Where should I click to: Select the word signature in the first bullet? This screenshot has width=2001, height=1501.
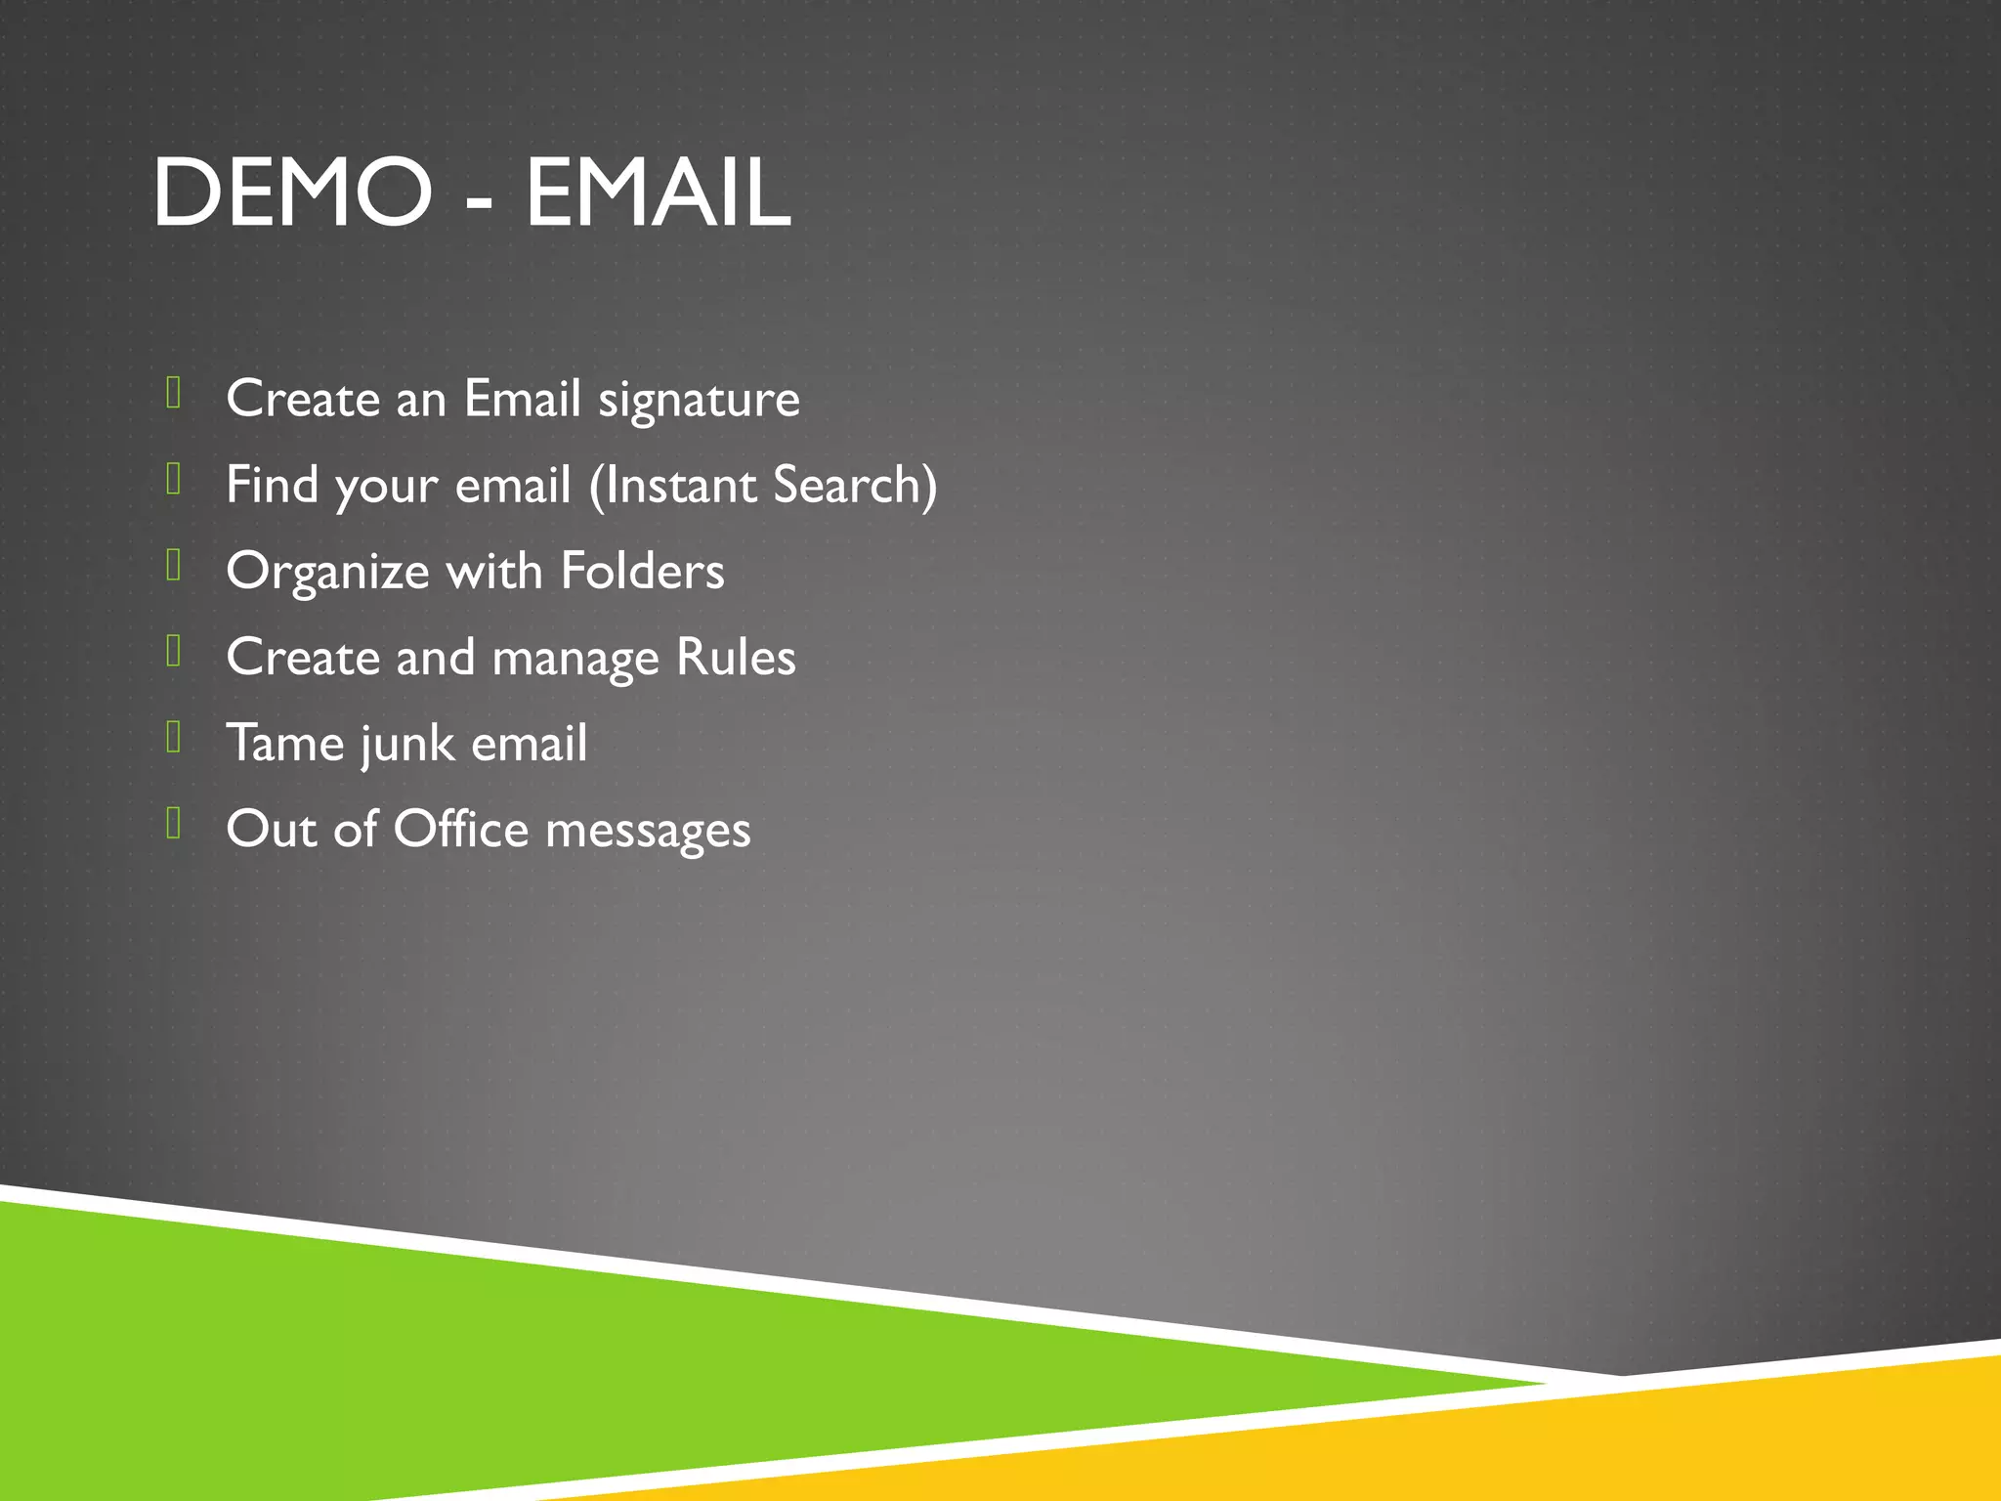click(699, 401)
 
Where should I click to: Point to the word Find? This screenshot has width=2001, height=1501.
click(272, 485)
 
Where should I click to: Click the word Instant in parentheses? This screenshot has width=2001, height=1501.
click(679, 485)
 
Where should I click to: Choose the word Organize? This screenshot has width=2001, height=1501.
click(327, 573)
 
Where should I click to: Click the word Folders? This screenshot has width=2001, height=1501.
click(642, 571)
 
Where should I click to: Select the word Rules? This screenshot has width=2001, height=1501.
click(736, 657)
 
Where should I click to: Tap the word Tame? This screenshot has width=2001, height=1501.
click(284, 743)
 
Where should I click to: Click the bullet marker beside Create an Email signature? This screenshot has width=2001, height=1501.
click(174, 393)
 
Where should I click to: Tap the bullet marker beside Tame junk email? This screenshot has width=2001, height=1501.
click(174, 737)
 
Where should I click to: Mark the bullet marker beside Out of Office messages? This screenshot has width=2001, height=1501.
click(174, 823)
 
